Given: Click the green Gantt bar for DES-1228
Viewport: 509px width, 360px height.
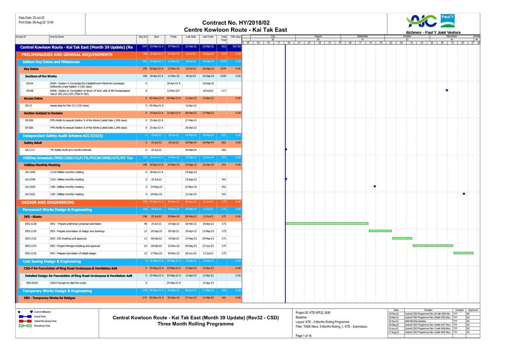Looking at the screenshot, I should click(327, 224).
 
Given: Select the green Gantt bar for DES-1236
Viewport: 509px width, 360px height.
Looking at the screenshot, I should click(463, 253).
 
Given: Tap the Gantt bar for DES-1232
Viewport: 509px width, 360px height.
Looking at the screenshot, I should click(402, 238).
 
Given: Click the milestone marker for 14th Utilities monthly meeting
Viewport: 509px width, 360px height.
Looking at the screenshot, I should click(375, 187).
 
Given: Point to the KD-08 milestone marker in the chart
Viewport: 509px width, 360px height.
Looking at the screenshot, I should click(447, 90).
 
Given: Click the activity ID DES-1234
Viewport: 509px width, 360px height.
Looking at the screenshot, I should click(30, 246).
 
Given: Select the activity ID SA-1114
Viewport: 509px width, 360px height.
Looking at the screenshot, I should click(30, 150).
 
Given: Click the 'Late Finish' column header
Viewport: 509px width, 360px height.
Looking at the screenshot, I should click(208, 37).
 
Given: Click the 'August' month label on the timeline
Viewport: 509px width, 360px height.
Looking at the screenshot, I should click(318, 36).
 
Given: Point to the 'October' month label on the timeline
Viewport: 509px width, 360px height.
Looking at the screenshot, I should click(407, 36).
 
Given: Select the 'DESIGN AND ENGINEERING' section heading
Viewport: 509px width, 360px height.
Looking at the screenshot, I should click(48, 202).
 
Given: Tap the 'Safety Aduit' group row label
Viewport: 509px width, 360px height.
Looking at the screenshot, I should click(33, 143).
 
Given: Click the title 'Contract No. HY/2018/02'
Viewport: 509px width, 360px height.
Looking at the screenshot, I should click(236, 23).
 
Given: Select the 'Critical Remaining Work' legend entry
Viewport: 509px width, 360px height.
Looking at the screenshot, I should click(46, 321).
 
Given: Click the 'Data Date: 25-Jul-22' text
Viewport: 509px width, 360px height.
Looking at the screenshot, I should click(32, 18).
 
